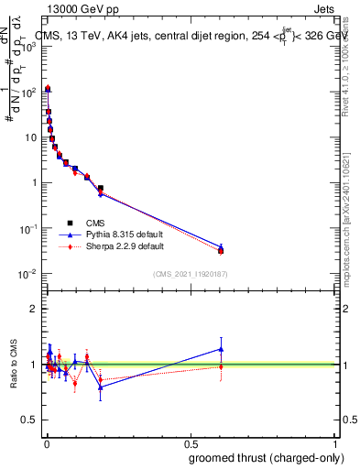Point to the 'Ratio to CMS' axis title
pos(16,364)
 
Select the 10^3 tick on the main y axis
pos(29,47)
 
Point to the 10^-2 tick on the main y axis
pos(28,274)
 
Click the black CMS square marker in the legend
pos(70,223)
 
